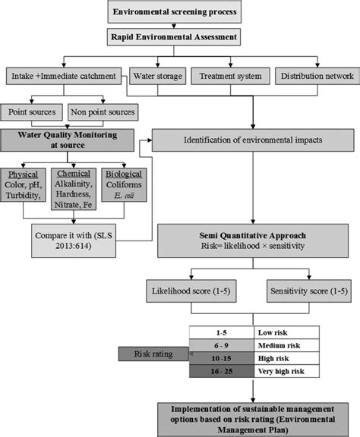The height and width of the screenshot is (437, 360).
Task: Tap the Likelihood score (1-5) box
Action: (x=194, y=291)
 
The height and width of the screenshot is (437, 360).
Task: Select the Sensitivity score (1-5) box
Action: (x=298, y=291)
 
